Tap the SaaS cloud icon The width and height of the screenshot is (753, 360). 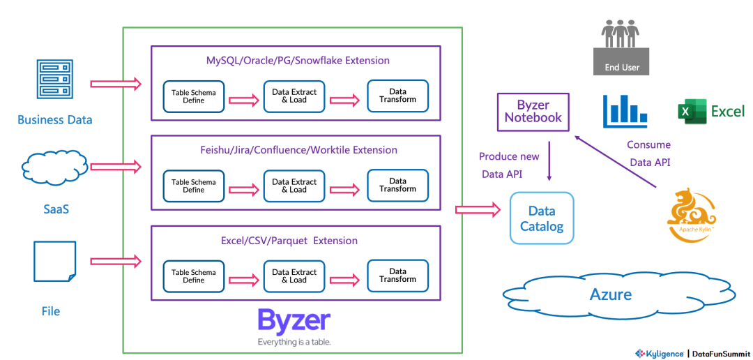tap(55, 167)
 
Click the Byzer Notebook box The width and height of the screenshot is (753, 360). tap(533, 112)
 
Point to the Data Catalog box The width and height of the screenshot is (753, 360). tap(542, 218)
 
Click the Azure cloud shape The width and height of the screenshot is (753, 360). tap(610, 294)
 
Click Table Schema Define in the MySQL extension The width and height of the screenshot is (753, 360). tap(194, 96)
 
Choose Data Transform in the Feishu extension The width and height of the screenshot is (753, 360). tap(397, 185)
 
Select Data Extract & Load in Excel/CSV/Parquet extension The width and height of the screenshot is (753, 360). tap(294, 276)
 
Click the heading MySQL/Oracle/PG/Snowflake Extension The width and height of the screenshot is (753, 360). tap(298, 61)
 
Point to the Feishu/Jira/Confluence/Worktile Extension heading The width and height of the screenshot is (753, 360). tap(298, 150)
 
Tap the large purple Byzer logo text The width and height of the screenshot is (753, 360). tap(294, 321)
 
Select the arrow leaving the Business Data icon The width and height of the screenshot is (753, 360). tap(116, 84)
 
